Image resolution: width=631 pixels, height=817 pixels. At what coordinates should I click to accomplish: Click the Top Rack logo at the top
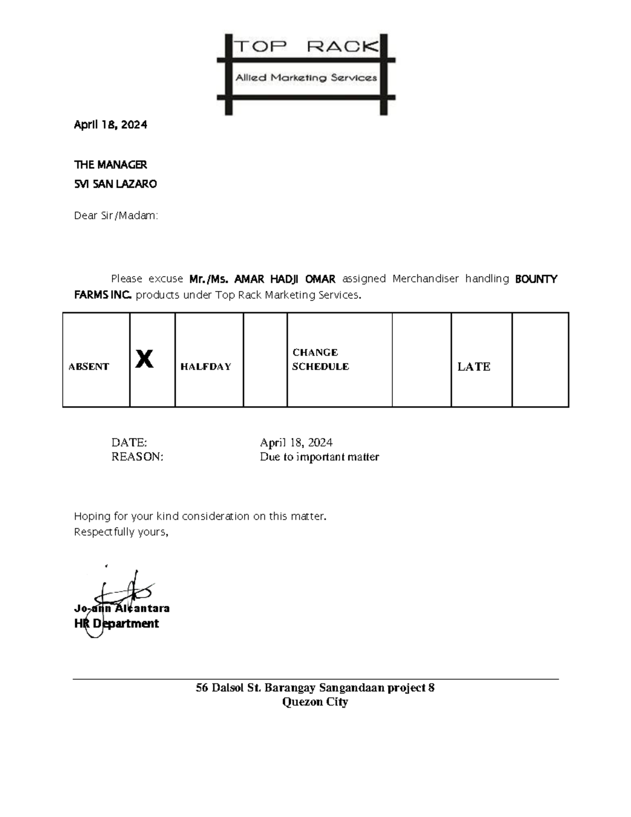[x=306, y=74]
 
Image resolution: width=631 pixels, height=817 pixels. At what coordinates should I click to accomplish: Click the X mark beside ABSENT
[x=145, y=359]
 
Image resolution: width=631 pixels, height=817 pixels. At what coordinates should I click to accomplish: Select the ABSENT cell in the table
[x=89, y=367]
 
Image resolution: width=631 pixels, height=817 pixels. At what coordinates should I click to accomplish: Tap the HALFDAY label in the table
[x=206, y=367]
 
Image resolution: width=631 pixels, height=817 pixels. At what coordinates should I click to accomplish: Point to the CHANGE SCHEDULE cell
[x=320, y=359]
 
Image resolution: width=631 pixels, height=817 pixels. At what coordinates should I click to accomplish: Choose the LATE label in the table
[x=474, y=367]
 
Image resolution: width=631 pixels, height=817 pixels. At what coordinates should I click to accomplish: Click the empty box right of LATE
[x=540, y=360]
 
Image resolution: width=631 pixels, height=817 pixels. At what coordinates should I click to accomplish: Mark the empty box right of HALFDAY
[x=265, y=360]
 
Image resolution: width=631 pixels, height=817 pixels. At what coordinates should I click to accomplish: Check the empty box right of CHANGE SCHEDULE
[x=421, y=360]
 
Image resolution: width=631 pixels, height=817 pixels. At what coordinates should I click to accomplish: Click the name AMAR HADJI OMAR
[x=284, y=279]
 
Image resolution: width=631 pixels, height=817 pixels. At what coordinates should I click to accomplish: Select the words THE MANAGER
[x=110, y=165]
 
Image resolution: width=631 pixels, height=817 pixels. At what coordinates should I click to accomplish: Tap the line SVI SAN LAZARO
[x=115, y=184]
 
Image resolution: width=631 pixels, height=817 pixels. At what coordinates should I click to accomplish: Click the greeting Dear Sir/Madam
[x=116, y=216]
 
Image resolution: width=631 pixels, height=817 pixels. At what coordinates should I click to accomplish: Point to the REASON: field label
[x=137, y=457]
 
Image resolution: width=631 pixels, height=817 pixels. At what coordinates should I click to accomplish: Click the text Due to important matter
[x=319, y=457]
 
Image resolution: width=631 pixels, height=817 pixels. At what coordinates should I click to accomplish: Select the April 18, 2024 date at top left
[x=110, y=125]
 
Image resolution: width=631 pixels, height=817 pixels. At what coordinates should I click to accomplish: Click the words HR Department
[x=117, y=623]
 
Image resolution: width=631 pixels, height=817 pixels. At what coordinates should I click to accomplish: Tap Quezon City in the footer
[x=315, y=702]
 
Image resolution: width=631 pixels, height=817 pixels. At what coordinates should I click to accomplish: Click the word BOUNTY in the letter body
[x=536, y=279]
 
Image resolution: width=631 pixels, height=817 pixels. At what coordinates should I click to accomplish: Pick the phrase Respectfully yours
[x=121, y=532]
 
